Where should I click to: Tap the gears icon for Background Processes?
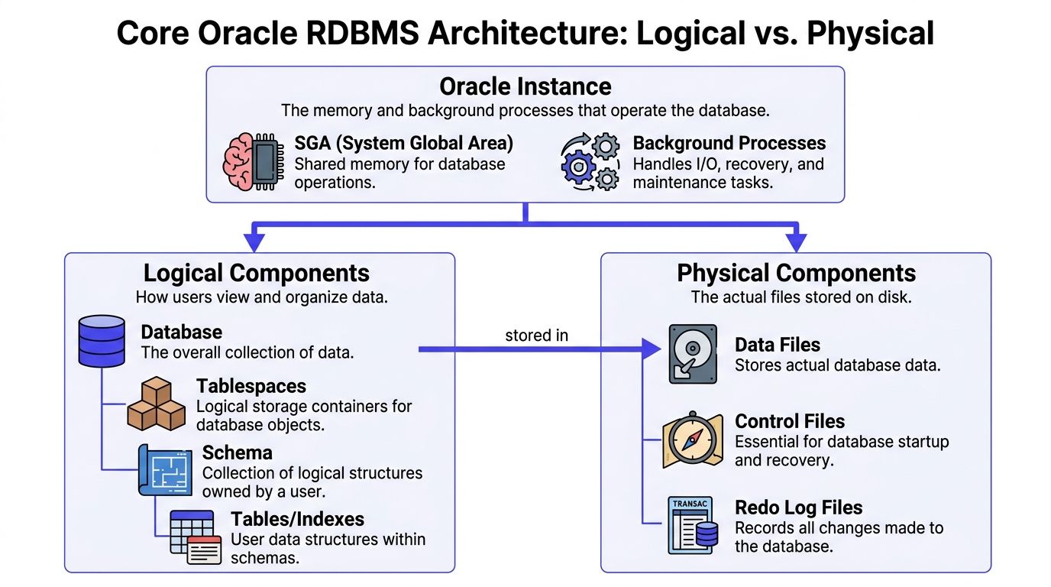point(590,162)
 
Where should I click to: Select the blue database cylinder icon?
point(102,341)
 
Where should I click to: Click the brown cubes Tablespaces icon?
point(156,404)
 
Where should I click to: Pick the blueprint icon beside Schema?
point(164,469)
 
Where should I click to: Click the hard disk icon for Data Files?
point(693,354)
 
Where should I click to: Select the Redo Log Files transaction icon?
point(693,525)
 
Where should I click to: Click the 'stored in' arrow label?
point(536,336)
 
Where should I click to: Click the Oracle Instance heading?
point(525,86)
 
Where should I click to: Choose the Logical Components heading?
point(257,273)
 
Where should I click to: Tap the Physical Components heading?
point(796,273)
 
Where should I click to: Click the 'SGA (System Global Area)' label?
point(404,143)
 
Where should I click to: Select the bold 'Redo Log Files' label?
point(798,508)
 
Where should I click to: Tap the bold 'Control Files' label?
point(790,421)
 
